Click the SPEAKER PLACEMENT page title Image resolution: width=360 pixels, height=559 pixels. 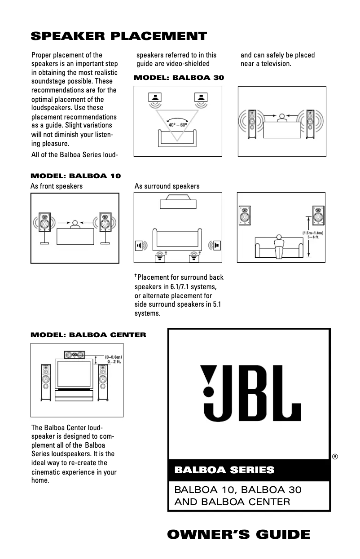tap(119, 36)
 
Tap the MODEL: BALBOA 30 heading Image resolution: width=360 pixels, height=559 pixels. tap(179, 78)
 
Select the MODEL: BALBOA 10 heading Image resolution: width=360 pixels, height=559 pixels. tap(75, 176)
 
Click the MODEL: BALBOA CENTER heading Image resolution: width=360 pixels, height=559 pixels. tap(88, 335)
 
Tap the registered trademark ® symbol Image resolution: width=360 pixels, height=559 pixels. tap(335, 457)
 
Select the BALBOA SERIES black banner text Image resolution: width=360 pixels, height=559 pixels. tap(224, 470)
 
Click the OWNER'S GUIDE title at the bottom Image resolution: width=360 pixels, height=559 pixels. tap(238, 534)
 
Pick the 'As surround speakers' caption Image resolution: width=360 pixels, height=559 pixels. tap(167, 186)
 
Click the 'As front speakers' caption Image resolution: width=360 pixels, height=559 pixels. tap(57, 186)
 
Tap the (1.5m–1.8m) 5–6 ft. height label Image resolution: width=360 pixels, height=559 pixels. tap(313, 235)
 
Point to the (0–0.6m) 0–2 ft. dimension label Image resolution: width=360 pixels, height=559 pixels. tap(112, 359)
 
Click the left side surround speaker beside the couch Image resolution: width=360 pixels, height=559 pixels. tap(140, 245)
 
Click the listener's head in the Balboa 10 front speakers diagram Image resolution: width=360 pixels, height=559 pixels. tap(75, 223)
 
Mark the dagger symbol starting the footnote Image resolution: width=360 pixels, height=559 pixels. tap(136, 276)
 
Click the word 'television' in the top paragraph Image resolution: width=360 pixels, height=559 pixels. tap(276, 64)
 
